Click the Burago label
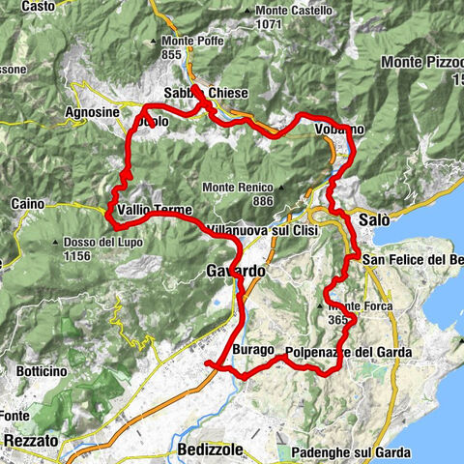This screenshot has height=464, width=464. pyautogui.click(x=254, y=349)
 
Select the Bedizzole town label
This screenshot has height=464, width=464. pyautogui.click(x=214, y=450)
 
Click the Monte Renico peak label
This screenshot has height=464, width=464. pyautogui.click(x=237, y=187)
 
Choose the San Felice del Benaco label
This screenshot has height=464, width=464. pyautogui.click(x=414, y=259)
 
